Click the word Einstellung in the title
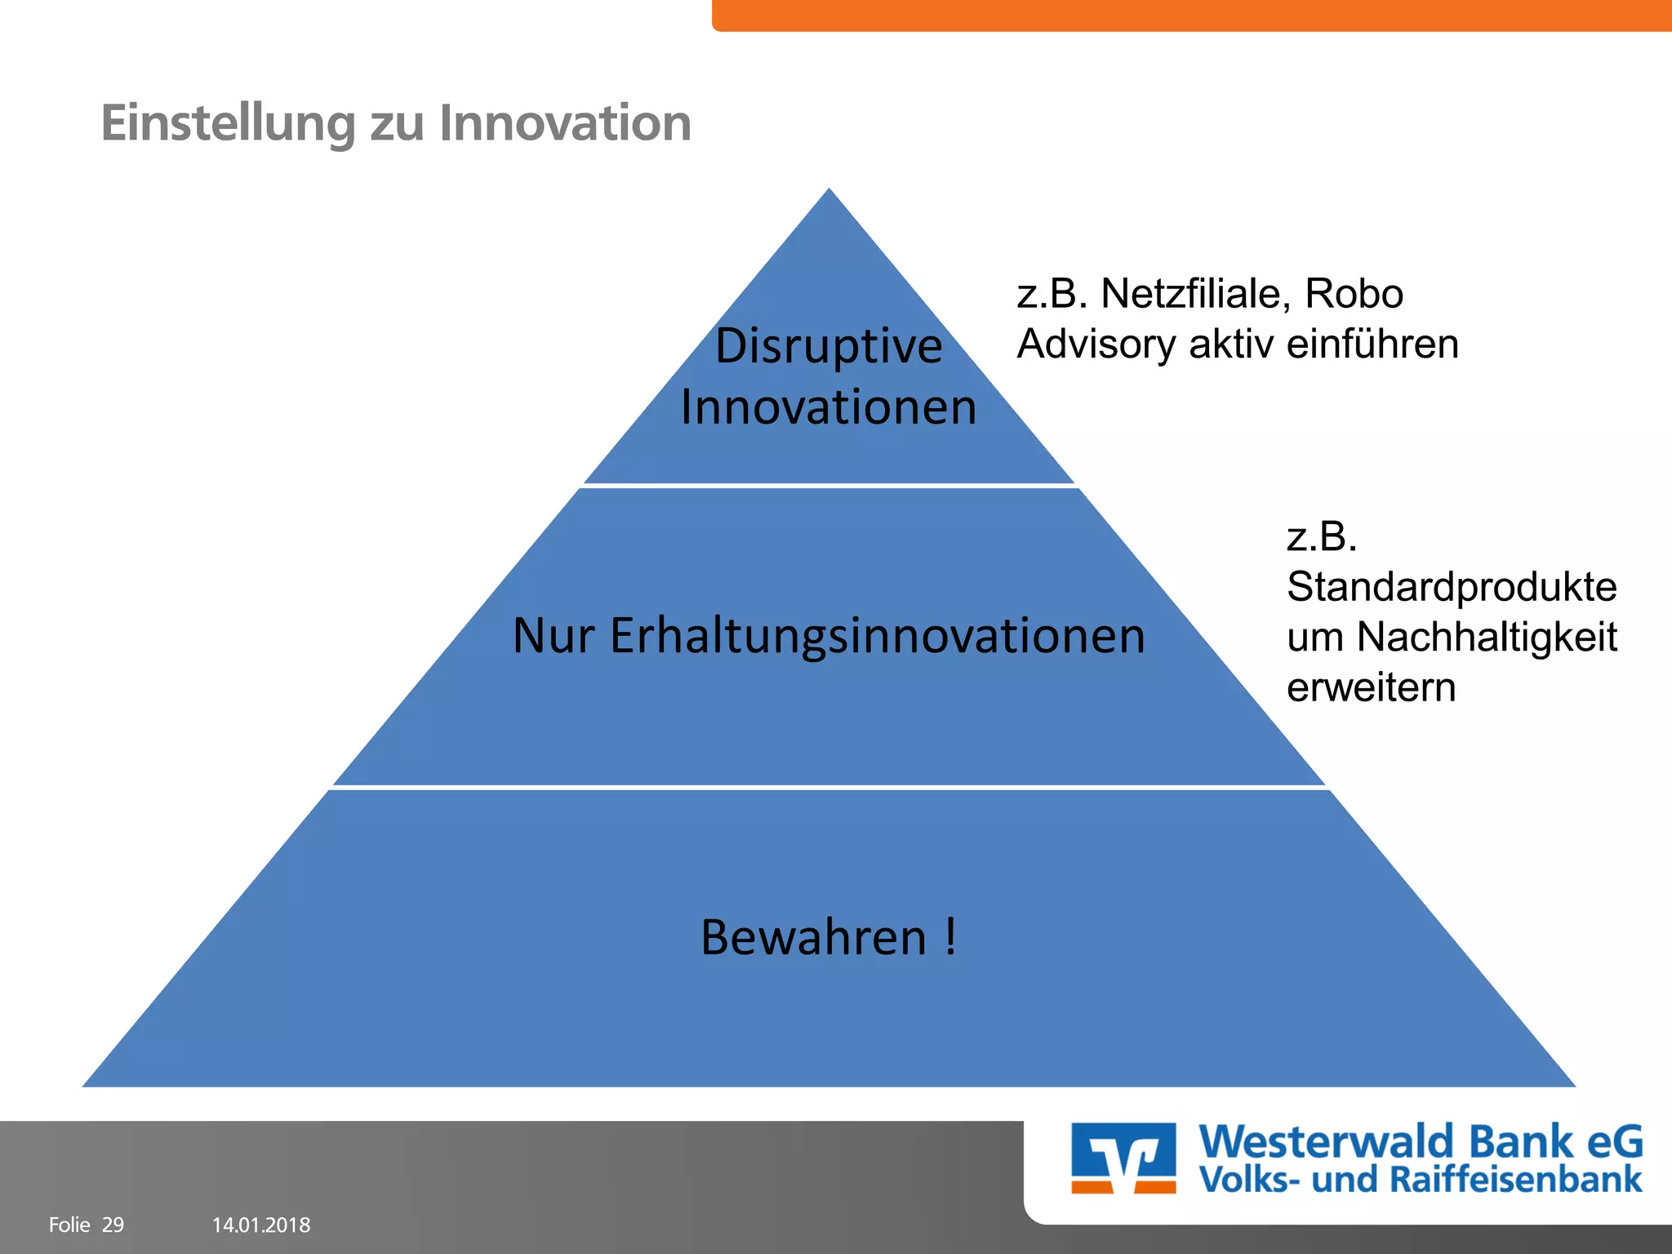(x=228, y=123)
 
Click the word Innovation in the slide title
(x=565, y=123)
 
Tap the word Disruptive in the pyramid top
(x=829, y=346)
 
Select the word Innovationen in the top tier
(x=829, y=407)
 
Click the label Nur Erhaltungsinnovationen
(x=829, y=635)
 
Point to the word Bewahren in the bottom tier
(x=813, y=937)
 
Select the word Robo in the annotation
(x=1354, y=294)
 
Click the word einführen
(x=1372, y=344)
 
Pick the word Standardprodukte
(x=1451, y=587)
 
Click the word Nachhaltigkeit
(x=1486, y=637)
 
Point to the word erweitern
(x=1371, y=687)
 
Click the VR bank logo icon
(x=1123, y=1158)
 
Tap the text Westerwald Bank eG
(x=1420, y=1142)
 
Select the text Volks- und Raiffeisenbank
(x=1420, y=1181)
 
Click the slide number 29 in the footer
(x=113, y=1225)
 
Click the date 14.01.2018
(x=261, y=1225)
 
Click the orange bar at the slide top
(x=1192, y=15)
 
